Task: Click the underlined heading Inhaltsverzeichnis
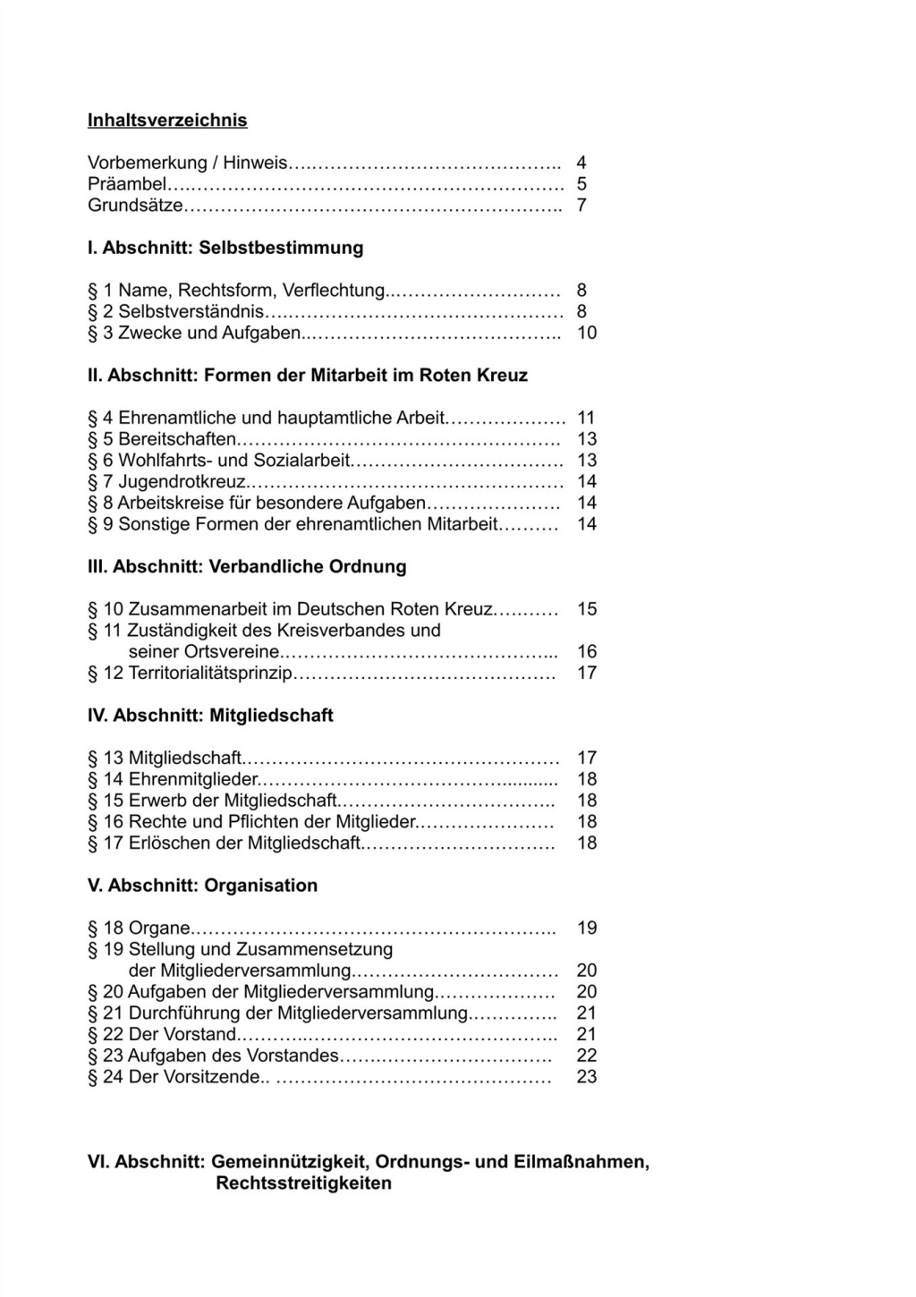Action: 167,120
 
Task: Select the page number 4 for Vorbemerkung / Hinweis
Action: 581,163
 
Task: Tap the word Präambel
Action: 127,184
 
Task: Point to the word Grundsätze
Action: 135,206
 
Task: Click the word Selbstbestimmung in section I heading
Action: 281,248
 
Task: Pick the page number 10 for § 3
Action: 586,333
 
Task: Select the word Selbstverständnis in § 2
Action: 191,311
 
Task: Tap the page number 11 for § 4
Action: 586,418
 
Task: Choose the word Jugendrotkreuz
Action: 182,482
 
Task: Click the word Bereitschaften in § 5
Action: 177,439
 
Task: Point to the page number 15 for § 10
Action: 586,609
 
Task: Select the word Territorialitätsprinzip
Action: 210,673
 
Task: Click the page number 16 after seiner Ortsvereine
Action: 586,651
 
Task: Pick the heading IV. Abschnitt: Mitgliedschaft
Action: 210,716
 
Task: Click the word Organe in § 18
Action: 159,928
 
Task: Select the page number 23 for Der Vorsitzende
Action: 586,1077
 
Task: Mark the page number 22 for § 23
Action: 586,1055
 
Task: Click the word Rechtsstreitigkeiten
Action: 303,1183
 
